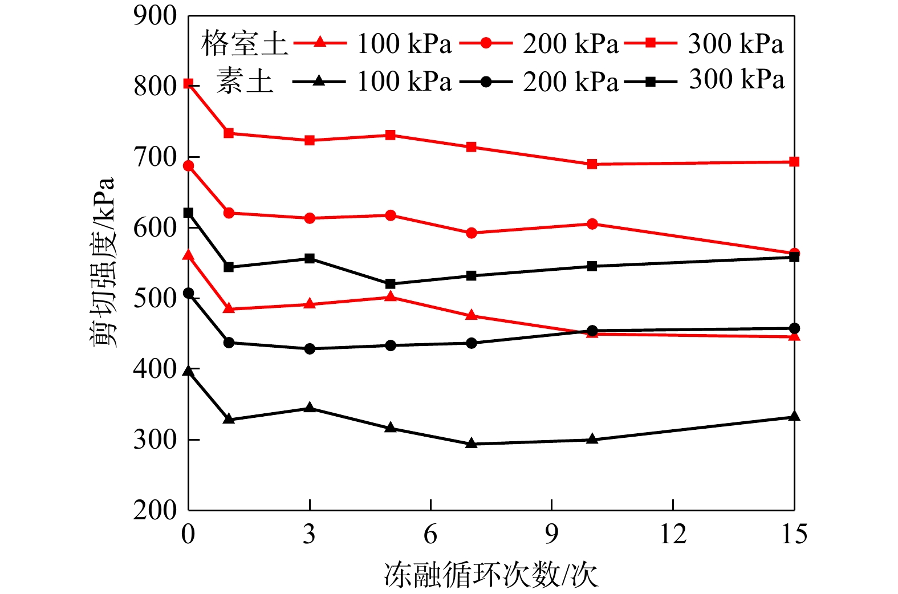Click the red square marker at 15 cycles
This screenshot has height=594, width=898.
point(794,162)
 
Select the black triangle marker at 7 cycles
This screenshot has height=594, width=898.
point(471,444)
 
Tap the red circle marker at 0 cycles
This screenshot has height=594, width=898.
point(188,166)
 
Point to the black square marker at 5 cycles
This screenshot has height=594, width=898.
point(391,284)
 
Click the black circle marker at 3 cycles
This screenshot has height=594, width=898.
point(310,349)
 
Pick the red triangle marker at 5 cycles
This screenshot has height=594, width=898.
point(391,296)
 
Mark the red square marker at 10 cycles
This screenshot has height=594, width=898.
point(592,164)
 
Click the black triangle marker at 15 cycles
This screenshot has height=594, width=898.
point(794,417)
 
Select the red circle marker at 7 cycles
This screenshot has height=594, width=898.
point(471,233)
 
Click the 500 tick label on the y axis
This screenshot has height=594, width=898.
point(155,298)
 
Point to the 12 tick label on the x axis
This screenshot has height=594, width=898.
point(673,535)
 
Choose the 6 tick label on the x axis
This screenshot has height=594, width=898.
point(430,535)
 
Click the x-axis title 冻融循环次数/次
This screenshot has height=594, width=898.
point(491,575)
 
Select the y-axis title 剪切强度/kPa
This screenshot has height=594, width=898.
point(103,262)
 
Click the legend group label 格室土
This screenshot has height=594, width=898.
point(244,44)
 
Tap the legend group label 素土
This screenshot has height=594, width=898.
point(244,81)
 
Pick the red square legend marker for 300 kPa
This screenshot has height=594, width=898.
point(651,43)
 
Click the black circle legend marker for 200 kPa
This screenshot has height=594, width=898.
point(485,82)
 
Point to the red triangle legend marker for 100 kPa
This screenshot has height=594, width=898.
point(319,43)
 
